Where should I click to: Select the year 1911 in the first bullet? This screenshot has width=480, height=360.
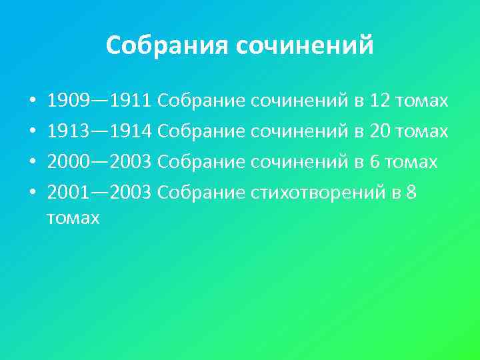click(133, 101)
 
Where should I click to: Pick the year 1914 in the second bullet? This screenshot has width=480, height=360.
click(133, 131)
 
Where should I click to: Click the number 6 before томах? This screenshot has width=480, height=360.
click(374, 162)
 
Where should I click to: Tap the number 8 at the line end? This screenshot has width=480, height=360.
click(411, 193)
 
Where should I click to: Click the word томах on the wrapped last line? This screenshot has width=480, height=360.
click(73, 217)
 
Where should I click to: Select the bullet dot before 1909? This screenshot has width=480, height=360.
click(32, 102)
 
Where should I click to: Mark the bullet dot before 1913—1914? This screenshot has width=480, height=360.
click(32, 132)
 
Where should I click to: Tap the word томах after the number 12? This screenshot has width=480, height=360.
click(422, 101)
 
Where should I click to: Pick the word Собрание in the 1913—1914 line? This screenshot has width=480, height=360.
click(202, 131)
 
